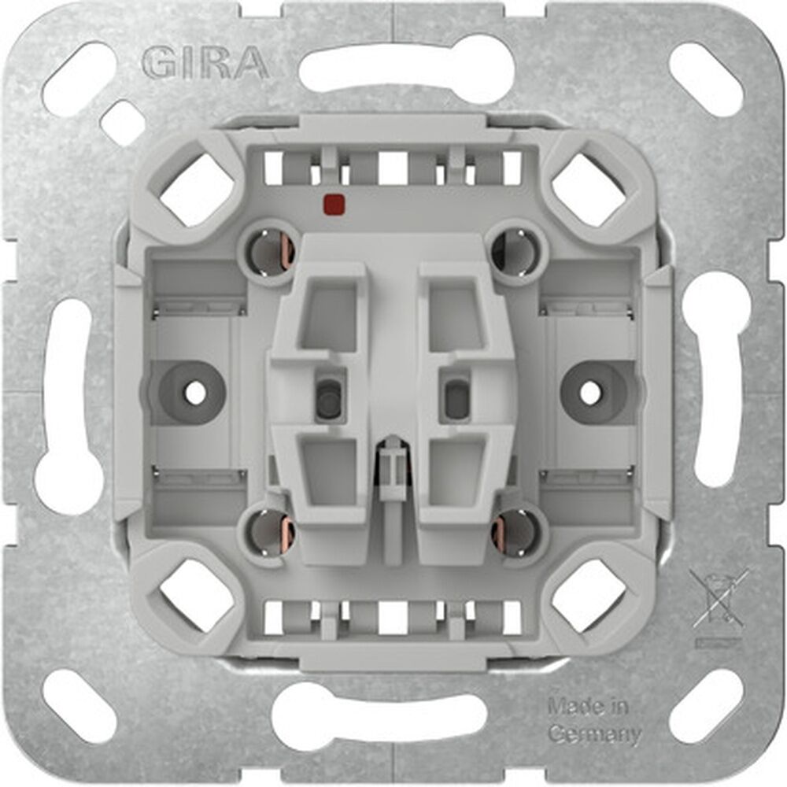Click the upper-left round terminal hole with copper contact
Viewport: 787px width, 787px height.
270,251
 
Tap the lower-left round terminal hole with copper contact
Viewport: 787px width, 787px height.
270,534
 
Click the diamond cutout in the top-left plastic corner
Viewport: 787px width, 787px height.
198,188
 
